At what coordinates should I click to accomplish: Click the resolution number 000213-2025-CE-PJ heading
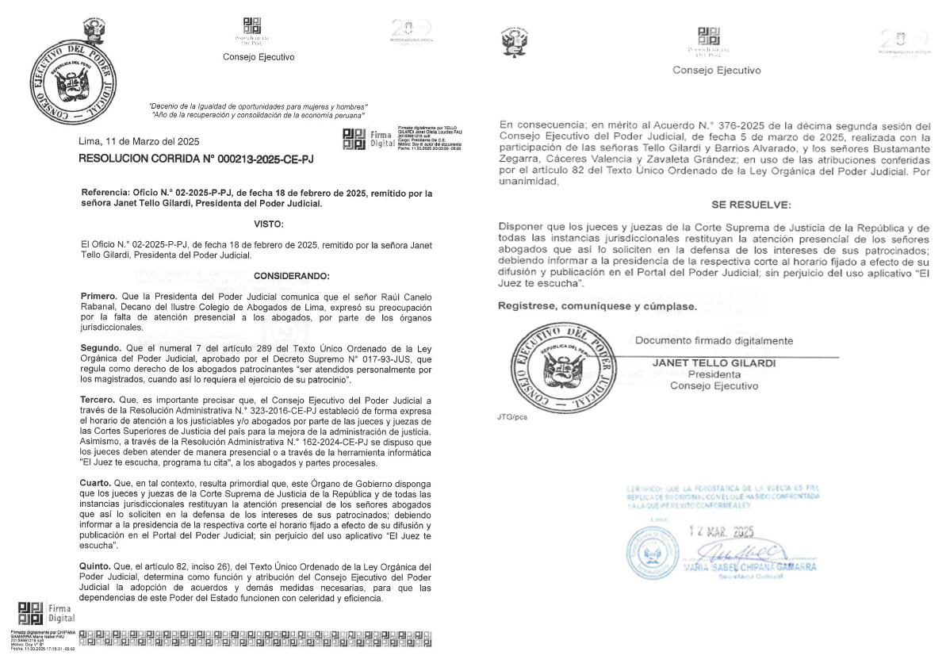[x=196, y=159]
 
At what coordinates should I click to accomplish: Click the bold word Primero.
[x=98, y=295]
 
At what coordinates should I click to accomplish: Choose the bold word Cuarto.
[x=98, y=483]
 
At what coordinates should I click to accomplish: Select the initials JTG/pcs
[x=513, y=416]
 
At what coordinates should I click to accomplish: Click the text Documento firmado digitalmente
[x=714, y=340]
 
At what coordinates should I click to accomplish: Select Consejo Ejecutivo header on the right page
[x=716, y=70]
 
